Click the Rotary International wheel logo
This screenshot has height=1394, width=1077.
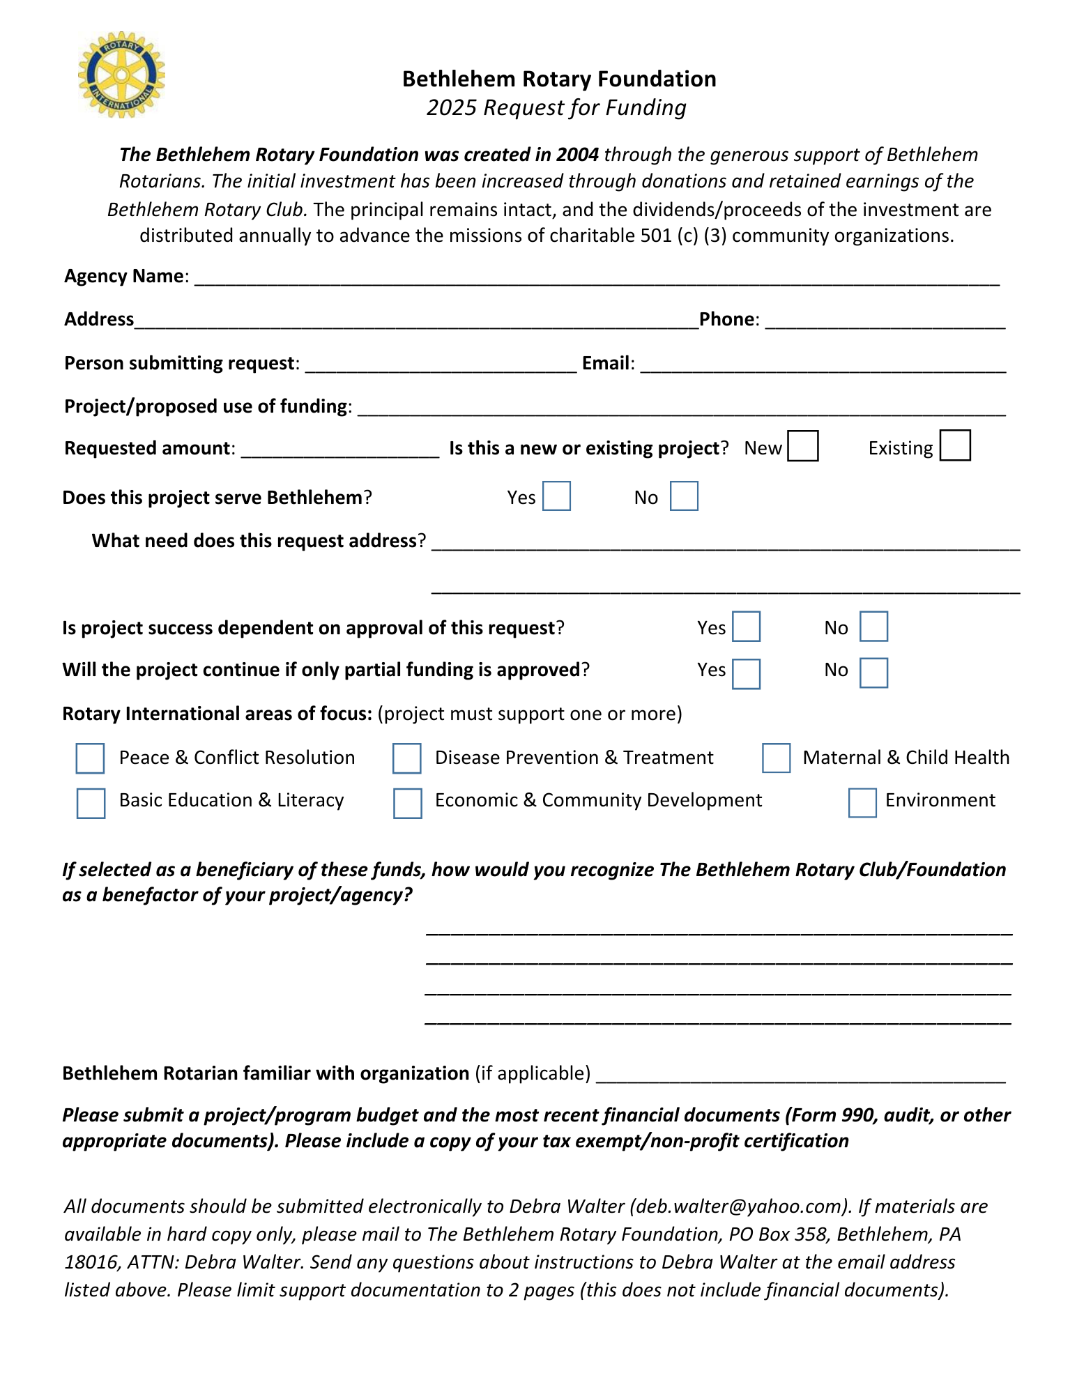121,75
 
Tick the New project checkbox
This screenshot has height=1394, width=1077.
802,446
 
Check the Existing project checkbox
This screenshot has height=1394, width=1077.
954,446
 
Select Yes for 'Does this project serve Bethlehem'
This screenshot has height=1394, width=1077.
556,496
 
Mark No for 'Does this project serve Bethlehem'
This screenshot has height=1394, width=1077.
684,496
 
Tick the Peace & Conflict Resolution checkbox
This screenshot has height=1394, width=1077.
90,758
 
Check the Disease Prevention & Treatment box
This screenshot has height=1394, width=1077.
406,758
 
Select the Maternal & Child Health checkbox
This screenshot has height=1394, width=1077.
776,758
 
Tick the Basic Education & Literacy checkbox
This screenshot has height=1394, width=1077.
91,803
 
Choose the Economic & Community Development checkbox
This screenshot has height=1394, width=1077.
407,803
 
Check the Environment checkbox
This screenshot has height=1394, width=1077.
862,803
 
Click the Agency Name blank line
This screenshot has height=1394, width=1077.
597,277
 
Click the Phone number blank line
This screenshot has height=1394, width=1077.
885,321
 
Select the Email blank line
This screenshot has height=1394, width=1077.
823,365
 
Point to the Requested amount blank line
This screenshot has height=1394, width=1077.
340,450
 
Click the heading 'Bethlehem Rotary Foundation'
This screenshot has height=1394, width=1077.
559,79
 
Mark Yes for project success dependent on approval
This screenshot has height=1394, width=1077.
746,627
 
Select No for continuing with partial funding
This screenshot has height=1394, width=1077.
873,673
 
